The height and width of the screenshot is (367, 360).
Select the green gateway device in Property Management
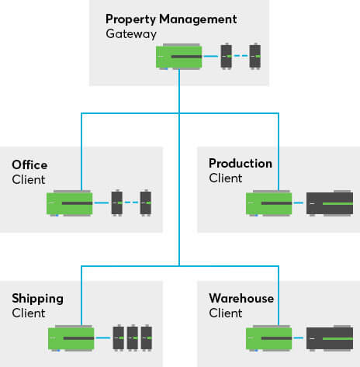(x=178, y=57)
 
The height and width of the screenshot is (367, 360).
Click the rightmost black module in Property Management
(x=254, y=57)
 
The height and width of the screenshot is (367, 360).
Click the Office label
(x=29, y=164)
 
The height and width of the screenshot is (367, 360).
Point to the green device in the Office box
(x=70, y=203)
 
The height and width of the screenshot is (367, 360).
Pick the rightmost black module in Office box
(x=145, y=203)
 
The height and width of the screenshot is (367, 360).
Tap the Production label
(x=241, y=164)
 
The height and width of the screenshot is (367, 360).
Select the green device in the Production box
(x=268, y=203)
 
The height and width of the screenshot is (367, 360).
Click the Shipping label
(x=37, y=299)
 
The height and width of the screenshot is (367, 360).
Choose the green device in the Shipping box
(x=70, y=338)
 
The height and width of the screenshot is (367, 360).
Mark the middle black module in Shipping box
(x=132, y=338)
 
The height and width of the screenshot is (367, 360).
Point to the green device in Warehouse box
(x=268, y=338)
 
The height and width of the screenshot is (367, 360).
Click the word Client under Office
(x=28, y=180)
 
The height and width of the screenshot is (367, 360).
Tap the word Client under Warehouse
(x=225, y=313)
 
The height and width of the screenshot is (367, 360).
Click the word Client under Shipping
(x=28, y=313)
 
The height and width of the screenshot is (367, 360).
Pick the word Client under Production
(x=225, y=179)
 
